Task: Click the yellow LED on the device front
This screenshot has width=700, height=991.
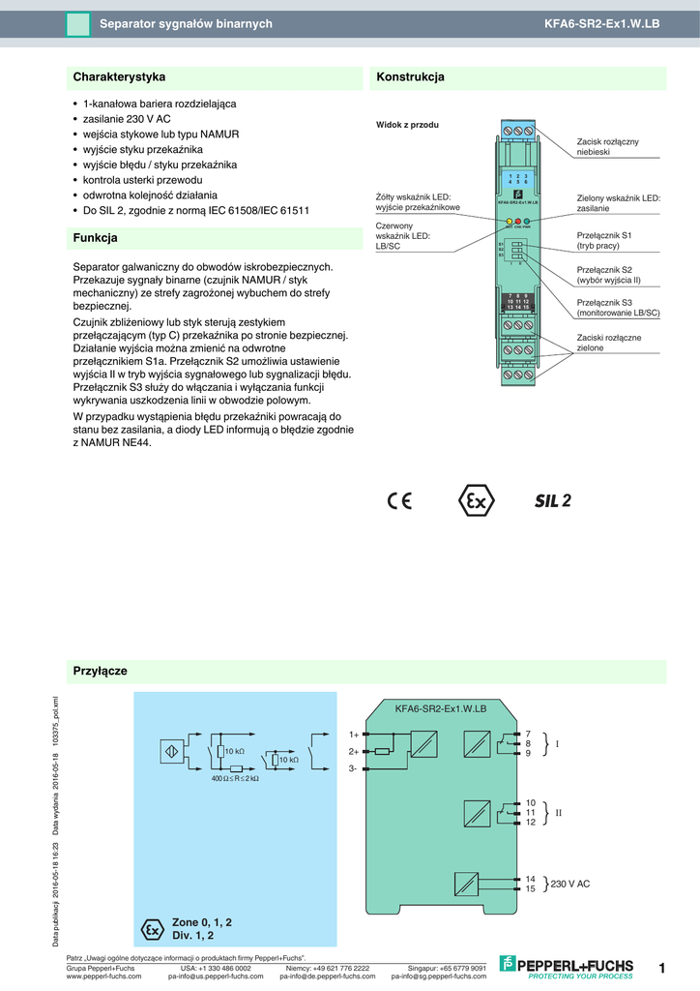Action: [x=510, y=222]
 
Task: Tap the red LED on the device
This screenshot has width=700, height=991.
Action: [x=518, y=222]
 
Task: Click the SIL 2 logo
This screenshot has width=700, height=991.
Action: [x=554, y=500]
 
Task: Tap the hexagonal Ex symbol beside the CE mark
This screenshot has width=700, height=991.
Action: [x=476, y=501]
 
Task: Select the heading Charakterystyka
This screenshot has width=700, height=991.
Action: [x=120, y=76]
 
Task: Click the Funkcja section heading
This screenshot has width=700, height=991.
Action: [x=96, y=237]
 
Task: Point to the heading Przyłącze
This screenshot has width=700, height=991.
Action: [x=101, y=671]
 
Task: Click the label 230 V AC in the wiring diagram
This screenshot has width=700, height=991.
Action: [x=570, y=884]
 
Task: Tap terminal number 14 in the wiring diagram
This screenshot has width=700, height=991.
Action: [x=530, y=879]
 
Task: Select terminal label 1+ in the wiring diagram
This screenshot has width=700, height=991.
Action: [x=354, y=735]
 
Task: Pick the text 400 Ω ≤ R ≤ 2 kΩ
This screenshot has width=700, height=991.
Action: [x=235, y=778]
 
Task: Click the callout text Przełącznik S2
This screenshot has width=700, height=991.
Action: [x=604, y=269]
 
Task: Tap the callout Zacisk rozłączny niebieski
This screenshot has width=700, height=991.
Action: [x=607, y=147]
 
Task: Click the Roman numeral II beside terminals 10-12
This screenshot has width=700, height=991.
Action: [x=557, y=813]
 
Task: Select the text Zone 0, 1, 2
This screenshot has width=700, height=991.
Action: [x=201, y=922]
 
